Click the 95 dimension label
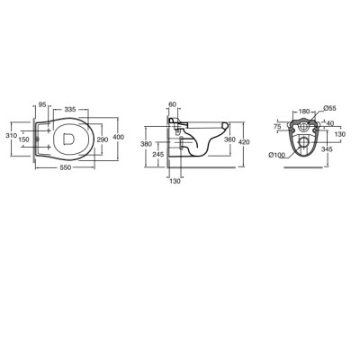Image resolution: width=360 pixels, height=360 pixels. (42, 104)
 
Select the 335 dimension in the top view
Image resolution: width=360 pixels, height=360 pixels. (70, 109)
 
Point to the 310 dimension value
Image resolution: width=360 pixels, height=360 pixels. (12, 135)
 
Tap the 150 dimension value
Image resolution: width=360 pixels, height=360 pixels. (23, 139)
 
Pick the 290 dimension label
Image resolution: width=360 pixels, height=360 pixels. (103, 139)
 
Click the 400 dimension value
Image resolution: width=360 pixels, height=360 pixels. (119, 137)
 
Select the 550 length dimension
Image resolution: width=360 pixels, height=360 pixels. (66, 168)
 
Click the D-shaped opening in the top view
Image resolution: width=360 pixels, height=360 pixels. (69, 139)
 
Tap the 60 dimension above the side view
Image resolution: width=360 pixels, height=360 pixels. (172, 104)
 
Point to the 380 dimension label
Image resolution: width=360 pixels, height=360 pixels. (146, 144)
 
